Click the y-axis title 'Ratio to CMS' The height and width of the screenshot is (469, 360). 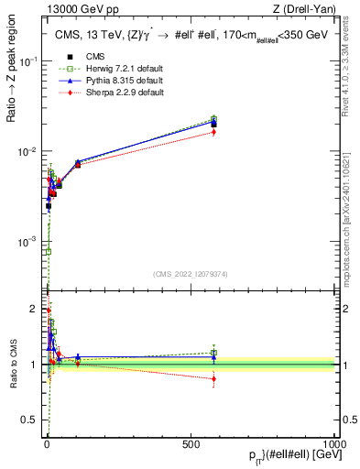click(x=11, y=365)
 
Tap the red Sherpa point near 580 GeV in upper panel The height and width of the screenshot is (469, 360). click(x=213, y=132)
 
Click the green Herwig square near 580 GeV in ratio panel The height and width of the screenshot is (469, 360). click(x=213, y=352)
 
